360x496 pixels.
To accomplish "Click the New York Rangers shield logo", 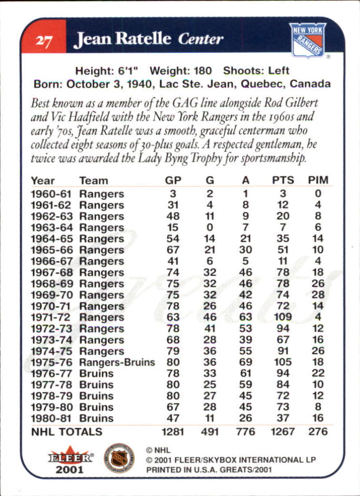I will click(x=308, y=40).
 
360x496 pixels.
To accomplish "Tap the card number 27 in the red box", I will click(x=43, y=40).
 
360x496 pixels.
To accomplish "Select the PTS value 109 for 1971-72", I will click(x=283, y=317).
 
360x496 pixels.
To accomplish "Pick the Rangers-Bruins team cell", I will click(x=117, y=362).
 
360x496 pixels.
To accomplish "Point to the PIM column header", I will click(x=318, y=180).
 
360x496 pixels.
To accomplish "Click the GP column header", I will click(x=173, y=180).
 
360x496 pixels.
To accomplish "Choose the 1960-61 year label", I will click(x=50, y=194).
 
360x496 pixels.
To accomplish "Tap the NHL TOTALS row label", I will click(x=67, y=432).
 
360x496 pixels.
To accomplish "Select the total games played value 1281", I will click(x=173, y=432).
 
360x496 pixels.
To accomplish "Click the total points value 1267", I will click(x=283, y=432).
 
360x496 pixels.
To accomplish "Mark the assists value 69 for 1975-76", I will click(x=246, y=362).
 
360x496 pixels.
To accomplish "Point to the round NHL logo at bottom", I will click(x=119, y=458).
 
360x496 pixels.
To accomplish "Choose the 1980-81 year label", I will click(x=50, y=418).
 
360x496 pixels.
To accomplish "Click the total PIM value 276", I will click(x=318, y=432).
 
